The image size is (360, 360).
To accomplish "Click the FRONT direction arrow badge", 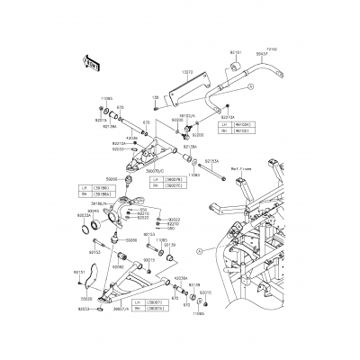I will (x=91, y=62).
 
